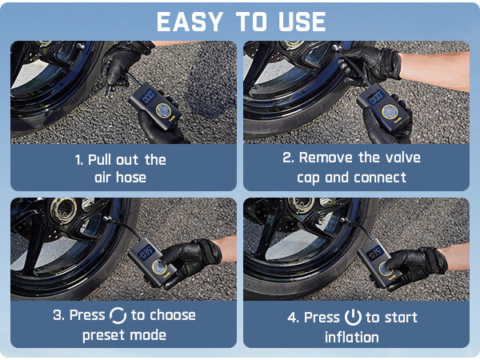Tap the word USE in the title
coord(302,22)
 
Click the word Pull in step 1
coord(100,159)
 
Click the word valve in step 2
coord(403,158)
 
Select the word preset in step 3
coord(104,335)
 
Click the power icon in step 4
coord(353,318)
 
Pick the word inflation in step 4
coord(352,338)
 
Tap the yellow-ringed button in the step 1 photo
coord(163,110)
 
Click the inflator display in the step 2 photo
coord(375,98)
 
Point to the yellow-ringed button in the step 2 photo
coord(390,112)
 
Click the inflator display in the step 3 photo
coord(146,253)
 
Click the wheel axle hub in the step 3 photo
coord(64,209)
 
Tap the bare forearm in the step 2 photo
coord(434,70)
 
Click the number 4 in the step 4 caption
coord(291,318)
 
